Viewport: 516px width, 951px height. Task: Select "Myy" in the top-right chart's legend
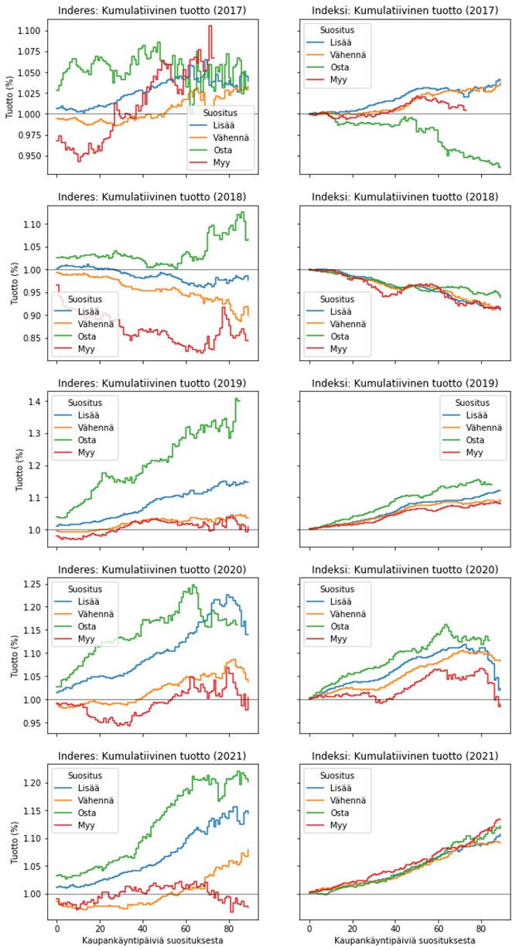click(x=338, y=80)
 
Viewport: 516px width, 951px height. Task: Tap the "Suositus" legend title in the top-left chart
click(x=220, y=113)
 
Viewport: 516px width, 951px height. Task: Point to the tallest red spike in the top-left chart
click(x=210, y=27)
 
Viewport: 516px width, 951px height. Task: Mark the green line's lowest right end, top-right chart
click(x=500, y=166)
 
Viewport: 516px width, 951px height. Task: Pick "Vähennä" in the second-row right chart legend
click(x=347, y=324)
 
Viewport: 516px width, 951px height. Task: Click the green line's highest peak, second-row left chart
click(x=242, y=213)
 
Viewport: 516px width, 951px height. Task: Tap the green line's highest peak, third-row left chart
click(x=237, y=399)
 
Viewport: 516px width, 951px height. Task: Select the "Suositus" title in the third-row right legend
click(x=472, y=403)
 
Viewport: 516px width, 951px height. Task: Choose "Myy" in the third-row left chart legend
click(x=86, y=452)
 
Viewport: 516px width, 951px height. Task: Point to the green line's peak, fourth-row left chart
click(x=193, y=585)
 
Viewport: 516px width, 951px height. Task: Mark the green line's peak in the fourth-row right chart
click(x=446, y=625)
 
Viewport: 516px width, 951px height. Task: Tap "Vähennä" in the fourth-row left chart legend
click(x=95, y=614)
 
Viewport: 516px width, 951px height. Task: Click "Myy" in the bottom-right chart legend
click(x=338, y=825)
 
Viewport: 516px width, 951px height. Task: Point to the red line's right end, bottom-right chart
click(x=500, y=819)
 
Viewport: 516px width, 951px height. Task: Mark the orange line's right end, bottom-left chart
click(x=248, y=850)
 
